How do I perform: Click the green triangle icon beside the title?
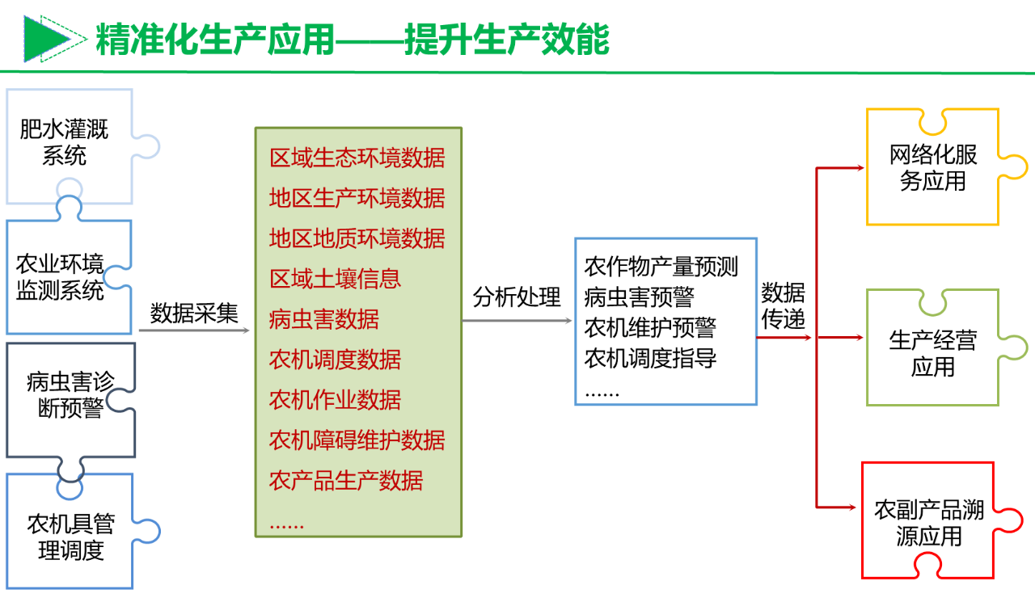coord(46,38)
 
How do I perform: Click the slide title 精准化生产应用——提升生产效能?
coord(353,39)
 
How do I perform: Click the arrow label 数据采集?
coord(194,313)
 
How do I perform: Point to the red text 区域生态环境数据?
coord(357,158)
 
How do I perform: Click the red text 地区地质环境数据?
coord(357,238)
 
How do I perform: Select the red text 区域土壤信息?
coord(335,279)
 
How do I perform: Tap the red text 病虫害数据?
coord(323,319)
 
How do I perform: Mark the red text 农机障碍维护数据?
coord(357,440)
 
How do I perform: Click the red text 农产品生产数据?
coord(346,481)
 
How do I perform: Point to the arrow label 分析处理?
coord(516,297)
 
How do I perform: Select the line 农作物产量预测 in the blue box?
coord(661,266)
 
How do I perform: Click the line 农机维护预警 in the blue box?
coord(650,327)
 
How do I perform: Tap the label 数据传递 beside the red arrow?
coord(783,305)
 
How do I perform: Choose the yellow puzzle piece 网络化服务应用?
coord(933,167)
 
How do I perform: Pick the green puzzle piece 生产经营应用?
coord(933,353)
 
